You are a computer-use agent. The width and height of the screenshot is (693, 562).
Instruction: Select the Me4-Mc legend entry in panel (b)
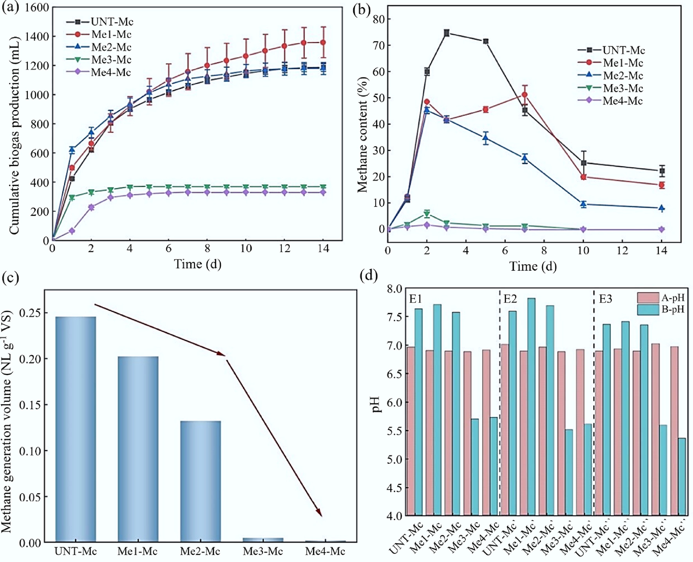622,101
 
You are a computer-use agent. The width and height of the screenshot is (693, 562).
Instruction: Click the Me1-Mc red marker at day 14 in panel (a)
323,42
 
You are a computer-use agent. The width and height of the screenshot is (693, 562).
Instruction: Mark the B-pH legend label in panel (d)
673,309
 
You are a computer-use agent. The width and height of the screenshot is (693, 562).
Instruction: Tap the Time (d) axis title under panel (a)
198,264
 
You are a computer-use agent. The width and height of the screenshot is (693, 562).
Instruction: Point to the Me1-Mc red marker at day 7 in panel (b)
525,94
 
